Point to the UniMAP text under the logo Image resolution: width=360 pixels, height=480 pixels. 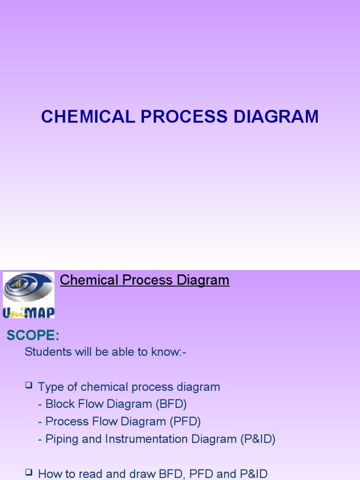click(x=29, y=312)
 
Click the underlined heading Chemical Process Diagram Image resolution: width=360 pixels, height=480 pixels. click(x=145, y=280)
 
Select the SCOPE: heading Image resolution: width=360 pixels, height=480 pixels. click(x=32, y=336)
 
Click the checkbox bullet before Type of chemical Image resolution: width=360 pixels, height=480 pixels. click(x=29, y=386)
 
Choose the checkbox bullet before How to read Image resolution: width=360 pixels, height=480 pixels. click(x=29, y=472)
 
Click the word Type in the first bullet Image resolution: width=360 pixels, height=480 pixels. click(x=49, y=387)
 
